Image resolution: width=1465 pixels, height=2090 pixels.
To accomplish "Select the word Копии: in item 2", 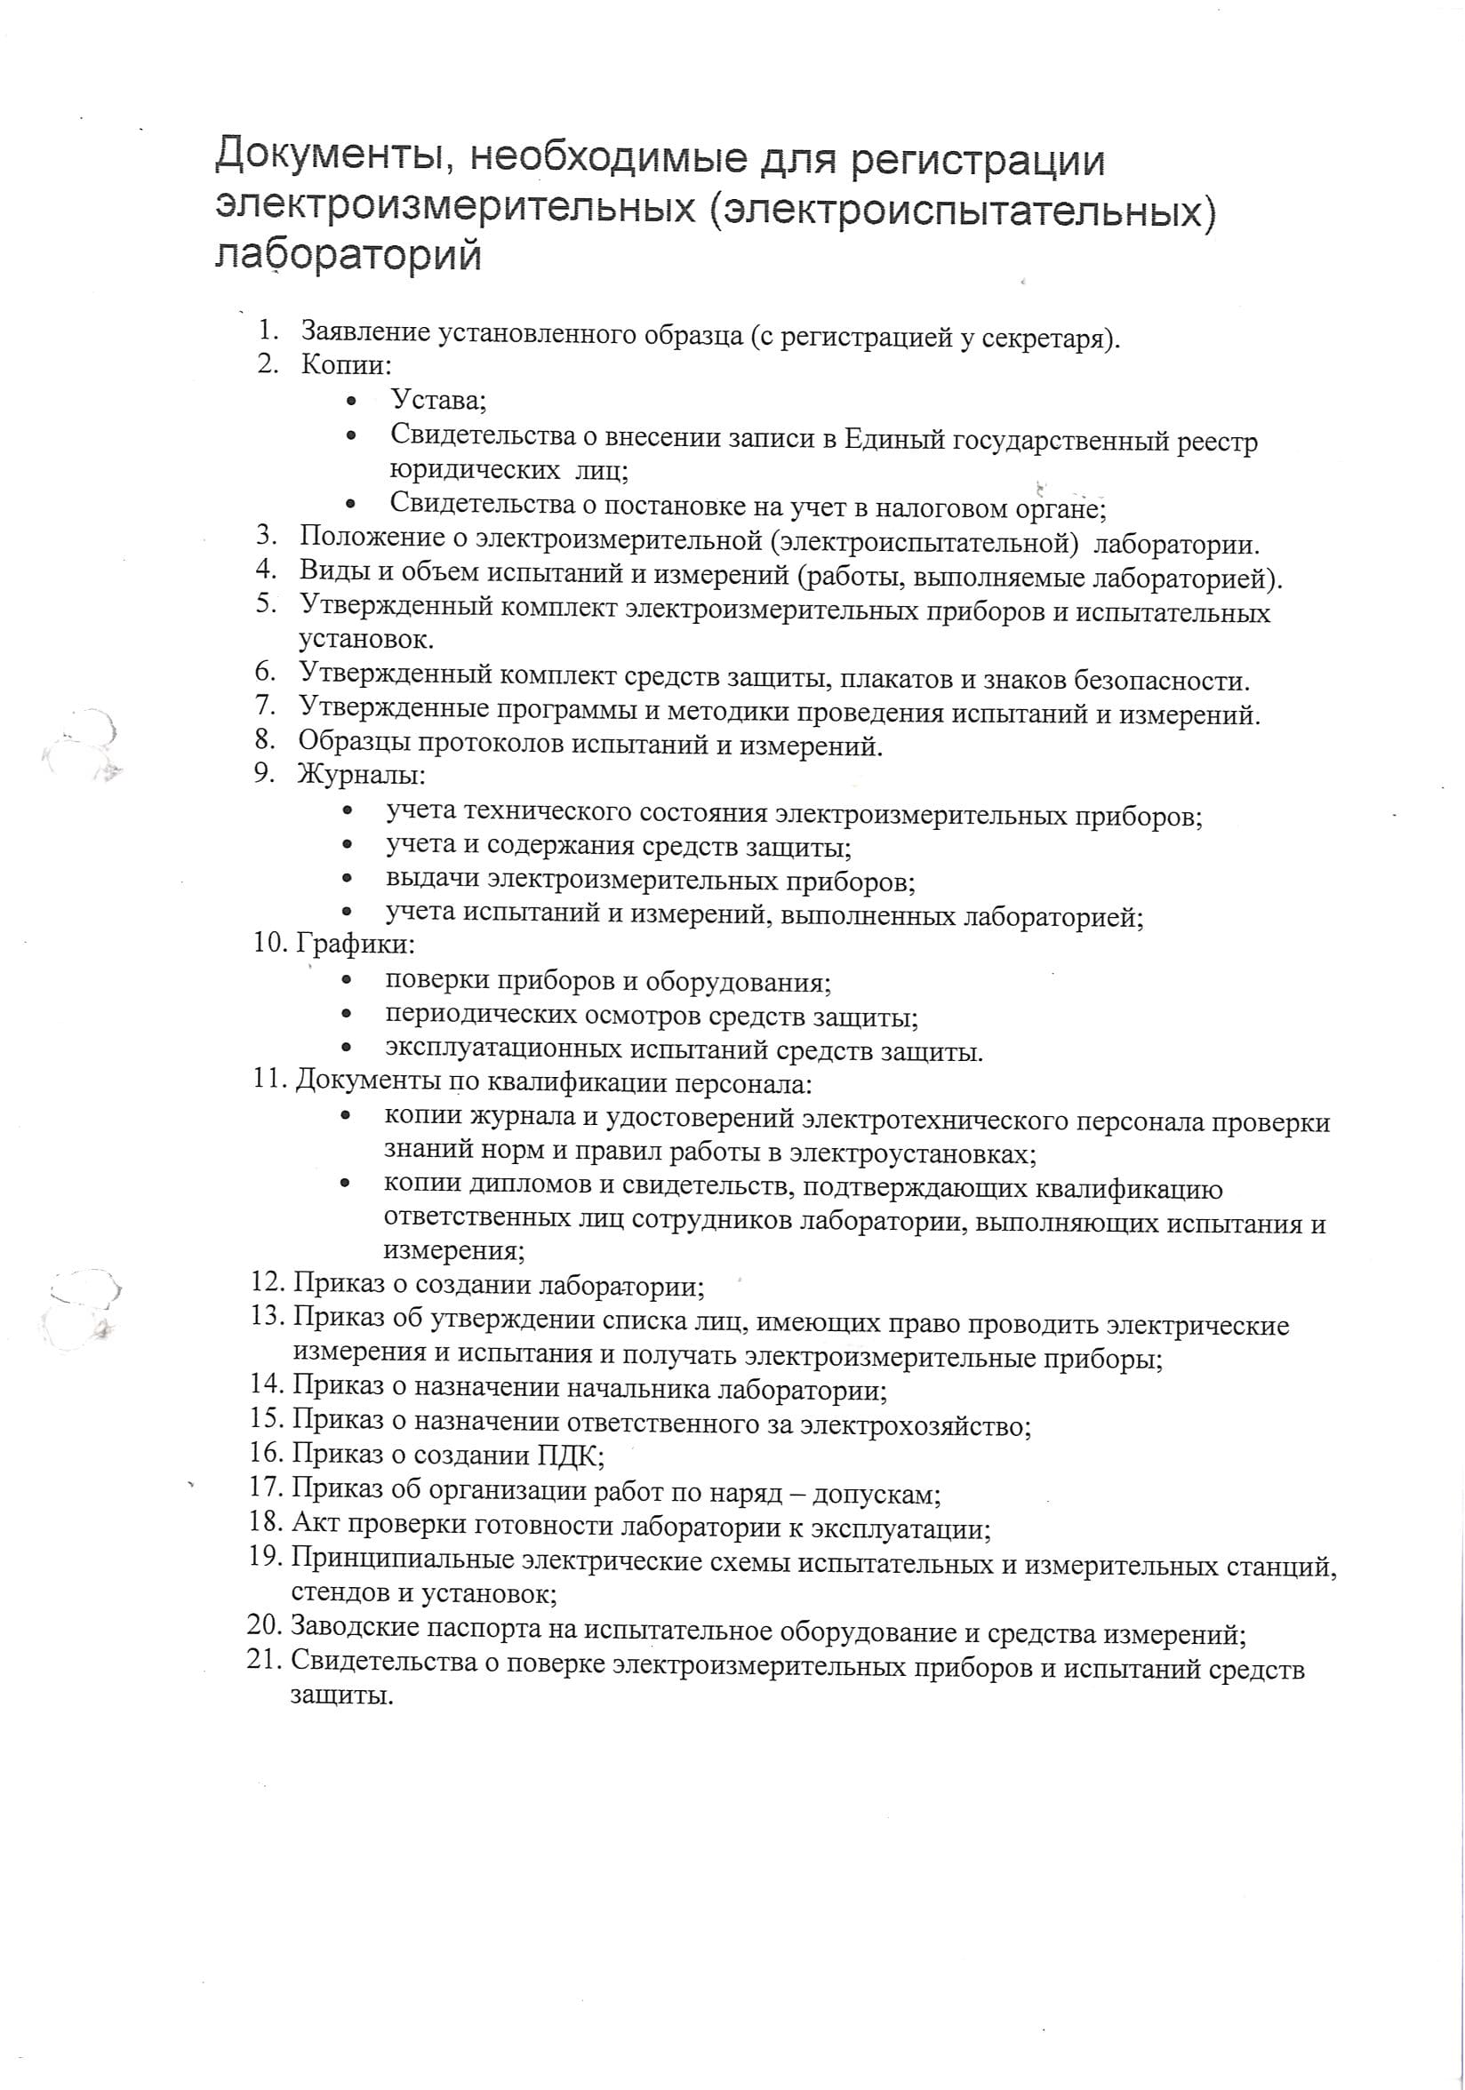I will tap(346, 365).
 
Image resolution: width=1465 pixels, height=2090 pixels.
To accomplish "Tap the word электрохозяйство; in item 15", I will tap(914, 1424).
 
